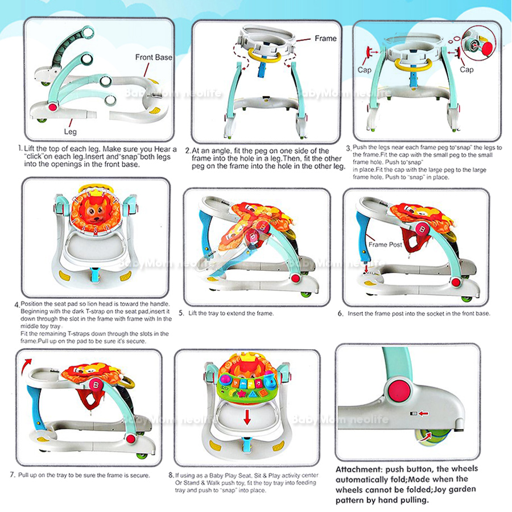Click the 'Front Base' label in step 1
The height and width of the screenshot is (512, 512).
pyautogui.click(x=154, y=57)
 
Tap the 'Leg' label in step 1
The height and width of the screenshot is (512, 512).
pyautogui.click(x=70, y=131)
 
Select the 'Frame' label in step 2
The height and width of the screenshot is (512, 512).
pyautogui.click(x=325, y=39)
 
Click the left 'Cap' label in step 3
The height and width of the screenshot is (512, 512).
pyautogui.click(x=365, y=70)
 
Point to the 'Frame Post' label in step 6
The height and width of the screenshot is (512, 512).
pyautogui.click(x=385, y=245)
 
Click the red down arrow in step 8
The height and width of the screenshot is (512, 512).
pyautogui.click(x=247, y=417)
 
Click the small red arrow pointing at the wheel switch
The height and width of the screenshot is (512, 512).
pyautogui.click(x=423, y=414)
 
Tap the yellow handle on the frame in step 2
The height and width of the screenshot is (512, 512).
pyautogui.click(x=265, y=57)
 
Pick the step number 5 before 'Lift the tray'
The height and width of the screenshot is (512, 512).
pyautogui.click(x=181, y=313)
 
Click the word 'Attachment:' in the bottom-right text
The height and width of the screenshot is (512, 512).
pyautogui.click(x=359, y=469)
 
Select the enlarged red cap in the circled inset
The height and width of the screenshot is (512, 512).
pyautogui.click(x=486, y=49)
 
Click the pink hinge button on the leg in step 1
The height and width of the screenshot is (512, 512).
pyautogui.click(x=52, y=107)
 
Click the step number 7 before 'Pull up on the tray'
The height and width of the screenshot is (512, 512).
pyautogui.click(x=13, y=475)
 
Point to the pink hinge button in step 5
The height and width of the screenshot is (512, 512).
pyautogui.click(x=295, y=279)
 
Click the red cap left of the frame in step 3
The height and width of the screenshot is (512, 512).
pyautogui.click(x=369, y=52)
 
